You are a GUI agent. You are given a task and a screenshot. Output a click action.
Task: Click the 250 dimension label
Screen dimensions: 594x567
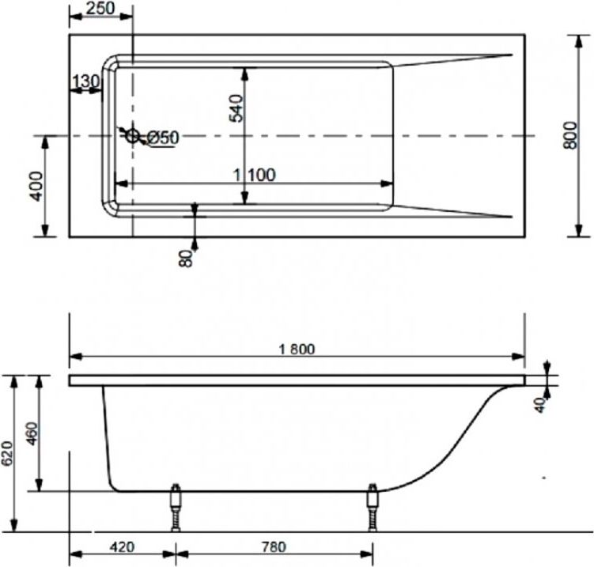(x=100, y=8)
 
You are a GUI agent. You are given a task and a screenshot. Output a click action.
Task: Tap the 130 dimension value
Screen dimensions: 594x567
(x=86, y=81)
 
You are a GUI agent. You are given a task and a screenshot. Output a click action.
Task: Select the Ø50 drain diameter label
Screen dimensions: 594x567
(x=162, y=138)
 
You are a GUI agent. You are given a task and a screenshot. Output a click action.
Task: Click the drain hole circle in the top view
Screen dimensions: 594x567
(x=133, y=135)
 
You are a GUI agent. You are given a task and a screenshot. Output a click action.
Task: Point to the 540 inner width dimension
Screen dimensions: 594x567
(x=236, y=108)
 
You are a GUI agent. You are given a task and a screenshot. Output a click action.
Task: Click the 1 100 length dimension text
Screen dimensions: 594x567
(x=254, y=175)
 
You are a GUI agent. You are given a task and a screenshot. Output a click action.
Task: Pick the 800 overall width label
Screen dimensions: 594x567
(x=569, y=135)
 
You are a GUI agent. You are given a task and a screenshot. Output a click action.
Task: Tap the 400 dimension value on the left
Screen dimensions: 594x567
(x=36, y=186)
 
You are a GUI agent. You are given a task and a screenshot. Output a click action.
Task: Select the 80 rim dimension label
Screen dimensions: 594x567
(x=186, y=259)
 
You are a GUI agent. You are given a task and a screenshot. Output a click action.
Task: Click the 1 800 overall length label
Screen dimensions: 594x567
(x=297, y=350)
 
